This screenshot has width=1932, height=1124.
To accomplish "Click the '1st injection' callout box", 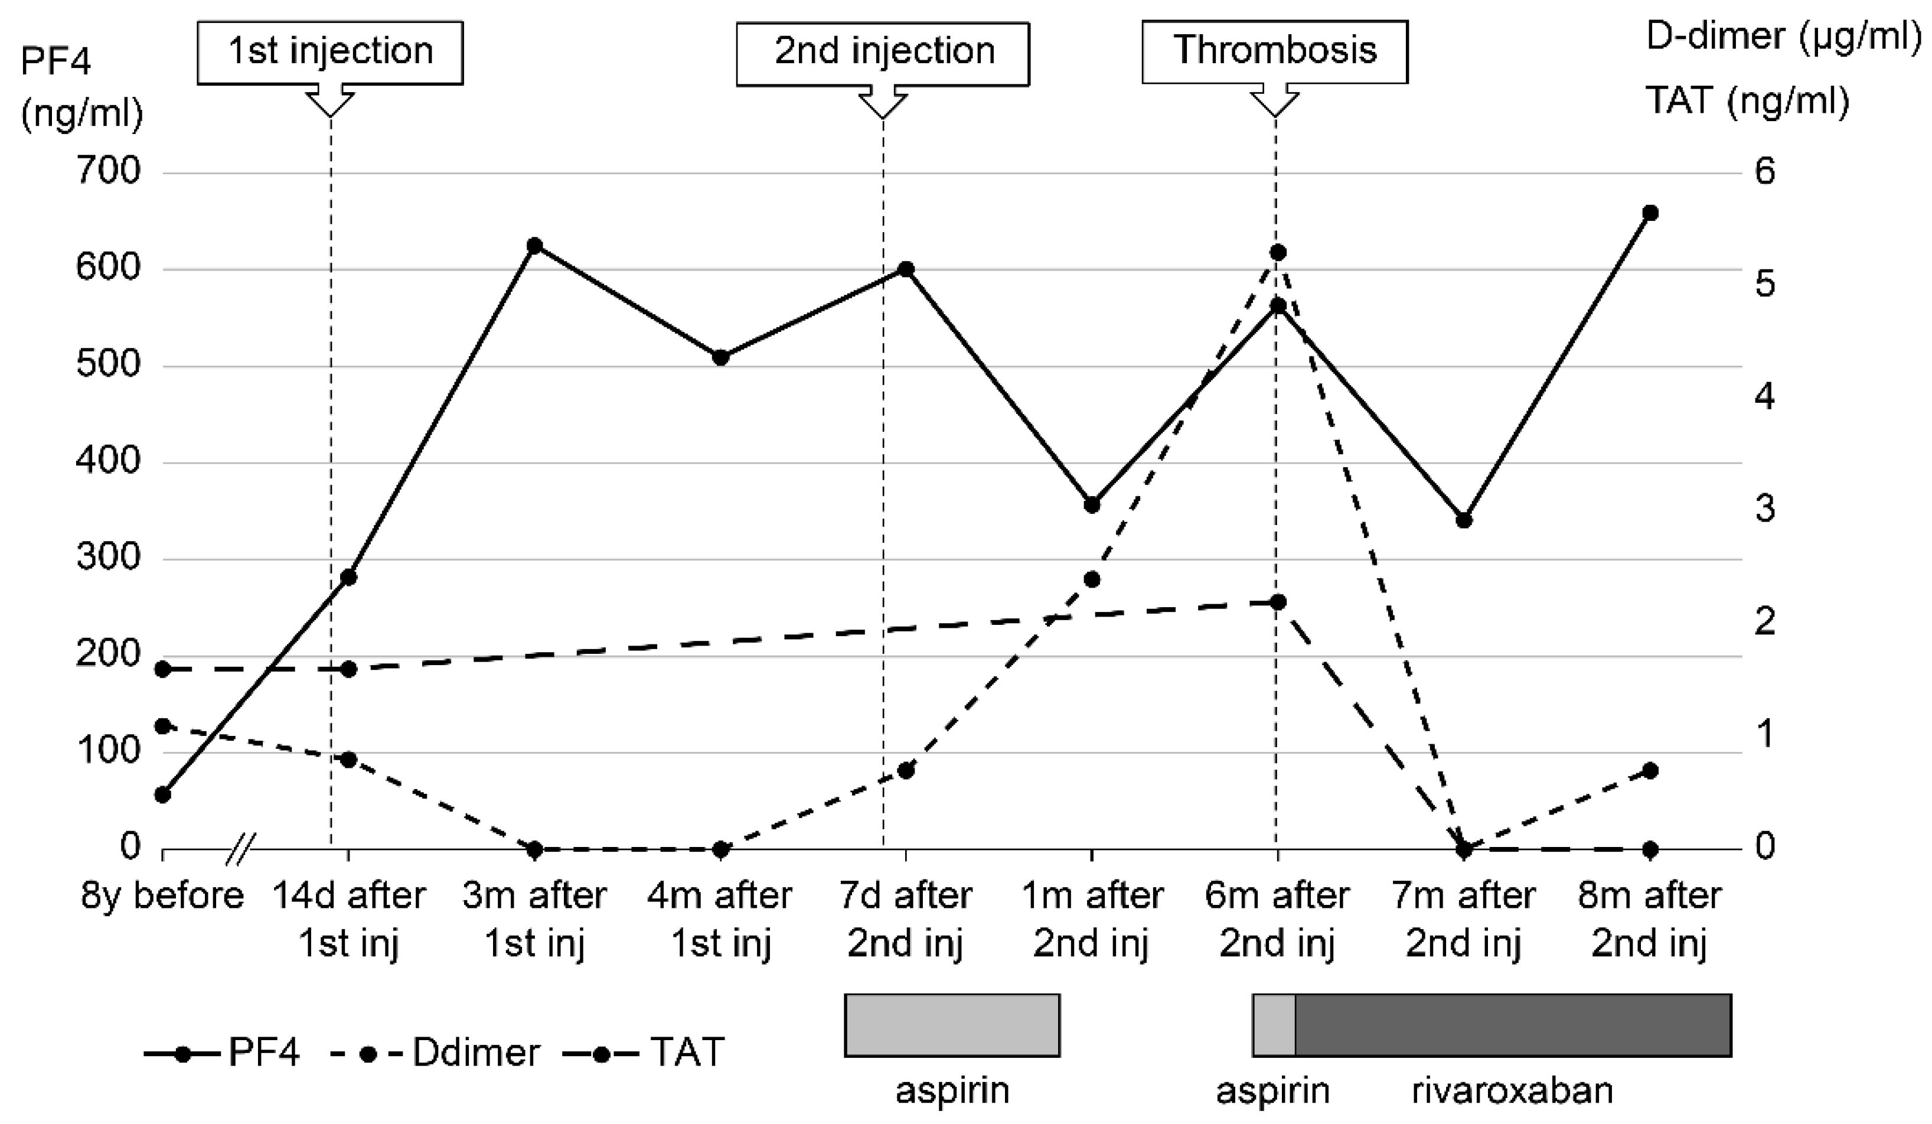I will click(x=331, y=52).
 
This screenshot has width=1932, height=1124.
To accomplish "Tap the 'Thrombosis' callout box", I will click(x=1274, y=52).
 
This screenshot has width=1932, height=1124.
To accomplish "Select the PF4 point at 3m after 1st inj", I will click(x=534, y=245).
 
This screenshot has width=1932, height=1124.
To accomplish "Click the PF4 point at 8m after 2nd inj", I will click(x=1650, y=213).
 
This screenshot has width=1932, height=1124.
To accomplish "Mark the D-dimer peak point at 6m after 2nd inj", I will click(x=1277, y=252).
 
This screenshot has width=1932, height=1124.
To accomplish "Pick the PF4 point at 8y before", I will click(x=162, y=795).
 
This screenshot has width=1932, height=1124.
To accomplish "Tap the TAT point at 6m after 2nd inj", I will click(x=1277, y=602).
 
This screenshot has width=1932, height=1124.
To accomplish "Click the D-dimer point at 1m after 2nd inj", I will click(x=1092, y=579).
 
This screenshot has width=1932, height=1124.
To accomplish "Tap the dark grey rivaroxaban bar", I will click(x=1512, y=1025).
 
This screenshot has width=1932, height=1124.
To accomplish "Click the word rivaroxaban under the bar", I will click(x=1512, y=1090).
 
